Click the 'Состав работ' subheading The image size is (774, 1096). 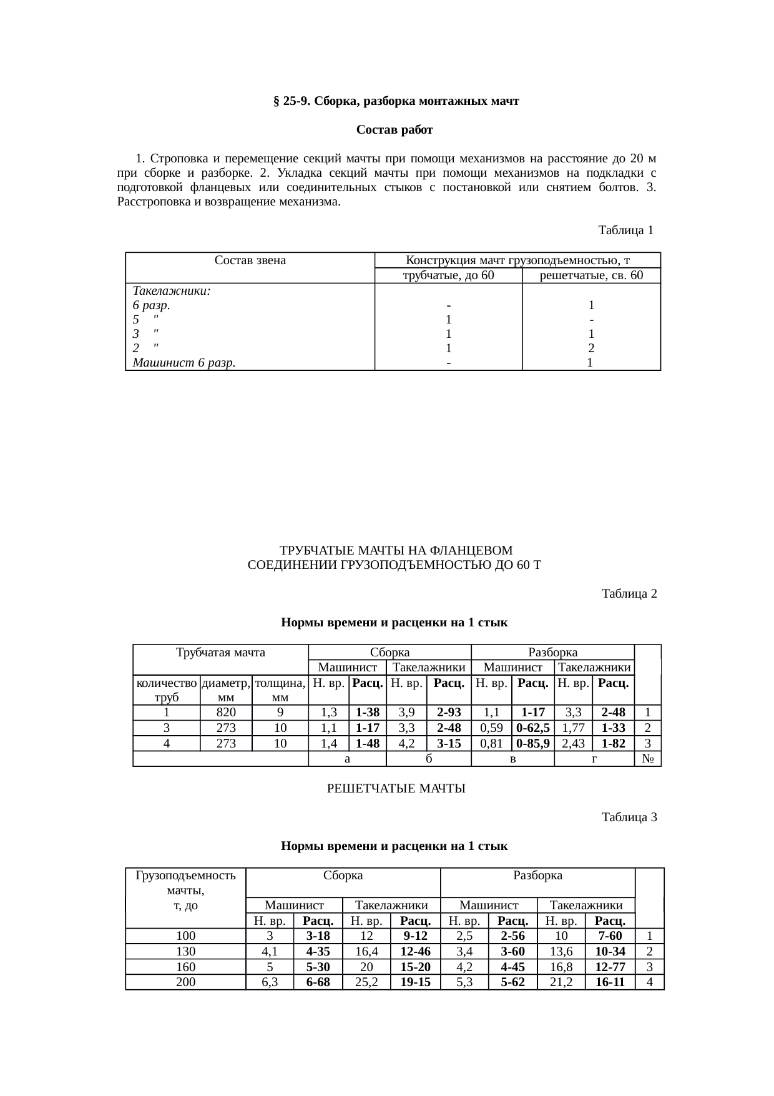[x=394, y=130]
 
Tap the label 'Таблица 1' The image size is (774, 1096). [x=625, y=230]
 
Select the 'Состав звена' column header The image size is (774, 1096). [x=250, y=260]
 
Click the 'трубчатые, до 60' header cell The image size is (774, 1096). [x=448, y=275]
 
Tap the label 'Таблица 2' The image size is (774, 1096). [x=629, y=593]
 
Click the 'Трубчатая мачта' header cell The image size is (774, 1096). [x=220, y=653]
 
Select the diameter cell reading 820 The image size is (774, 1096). [x=226, y=712]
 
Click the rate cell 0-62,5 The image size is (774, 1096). [x=532, y=728]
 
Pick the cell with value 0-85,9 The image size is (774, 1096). [x=532, y=743]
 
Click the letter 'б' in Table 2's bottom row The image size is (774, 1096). [x=429, y=759]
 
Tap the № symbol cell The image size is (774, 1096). [x=648, y=759]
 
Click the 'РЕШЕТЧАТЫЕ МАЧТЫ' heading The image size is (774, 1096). [x=396, y=789]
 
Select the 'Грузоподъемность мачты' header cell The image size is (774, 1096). [x=185, y=890]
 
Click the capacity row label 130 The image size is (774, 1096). [x=185, y=951]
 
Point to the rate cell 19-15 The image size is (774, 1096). [x=415, y=982]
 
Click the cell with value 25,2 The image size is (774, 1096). [x=366, y=982]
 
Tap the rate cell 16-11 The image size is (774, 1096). [x=609, y=982]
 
